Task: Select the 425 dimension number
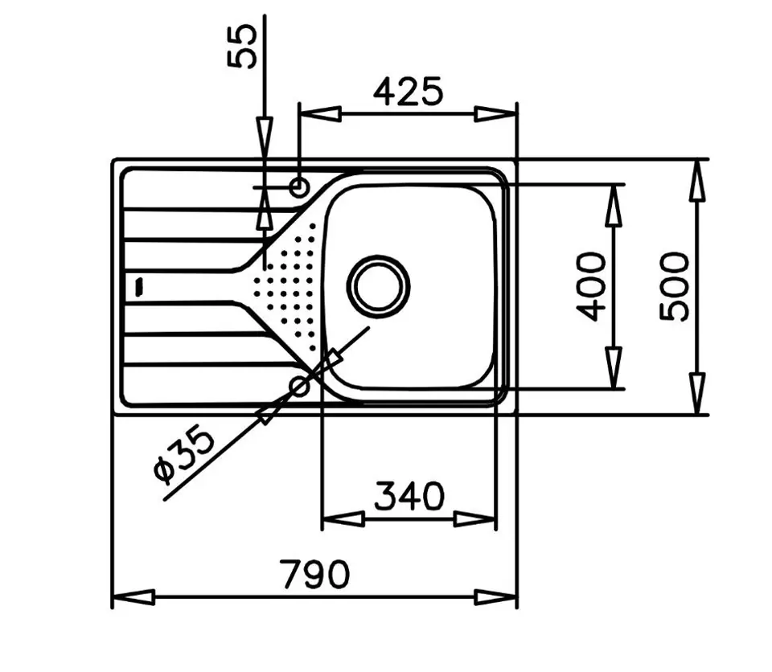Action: coord(409,92)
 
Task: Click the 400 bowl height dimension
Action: coord(591,286)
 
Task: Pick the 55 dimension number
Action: coord(242,47)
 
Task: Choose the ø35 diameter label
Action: coord(185,454)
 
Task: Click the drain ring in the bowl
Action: coord(379,286)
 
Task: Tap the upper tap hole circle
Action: coord(299,187)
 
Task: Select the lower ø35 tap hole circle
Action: coord(300,387)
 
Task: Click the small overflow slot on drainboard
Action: coord(139,286)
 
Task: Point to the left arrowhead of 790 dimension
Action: coord(134,598)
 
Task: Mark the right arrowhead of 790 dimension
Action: coord(496,598)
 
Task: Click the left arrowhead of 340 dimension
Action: coord(343,519)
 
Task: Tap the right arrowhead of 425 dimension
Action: coord(496,114)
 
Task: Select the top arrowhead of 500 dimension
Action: coord(697,180)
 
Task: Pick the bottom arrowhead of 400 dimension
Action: coord(614,368)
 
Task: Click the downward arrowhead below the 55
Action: coord(265,138)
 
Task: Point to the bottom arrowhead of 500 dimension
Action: coord(697,394)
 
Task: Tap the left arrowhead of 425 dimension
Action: coord(320,114)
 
